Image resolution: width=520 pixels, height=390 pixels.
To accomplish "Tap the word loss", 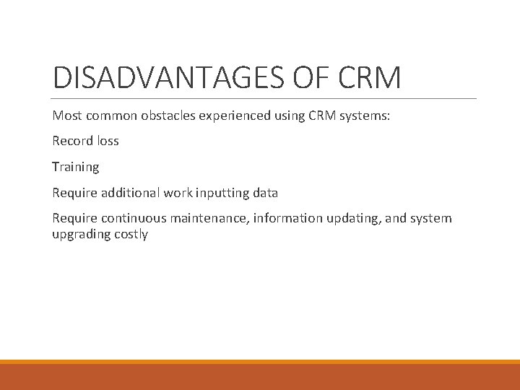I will click(x=107, y=141).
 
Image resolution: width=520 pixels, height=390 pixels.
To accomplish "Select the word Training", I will click(x=75, y=167).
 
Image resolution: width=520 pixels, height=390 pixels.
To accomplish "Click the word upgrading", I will click(x=79, y=234).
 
